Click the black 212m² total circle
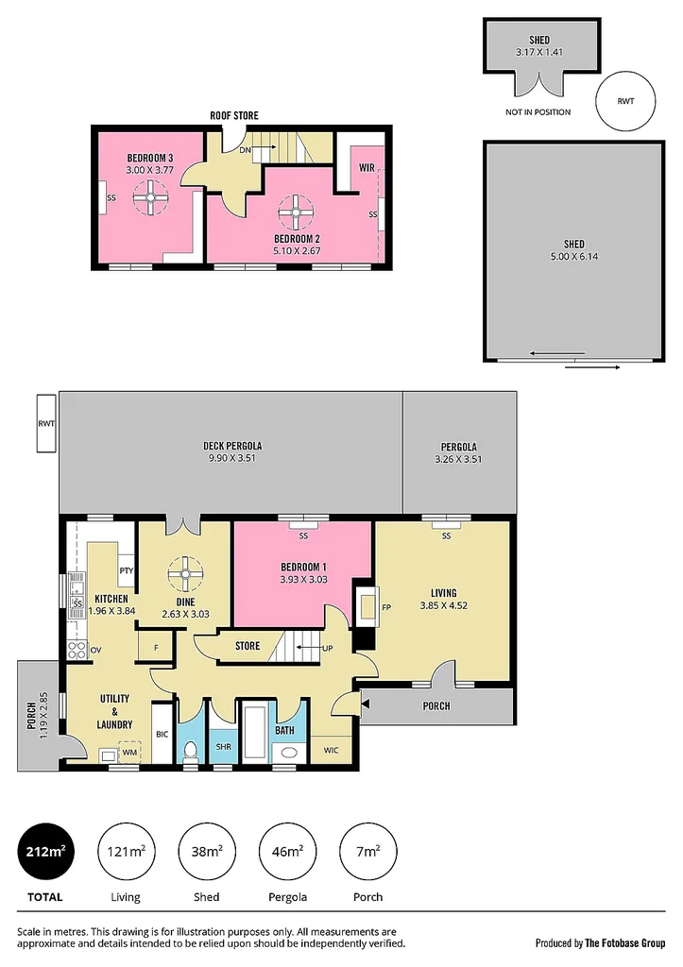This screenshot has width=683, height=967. [x=45, y=852]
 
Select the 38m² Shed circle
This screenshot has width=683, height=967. [x=207, y=852]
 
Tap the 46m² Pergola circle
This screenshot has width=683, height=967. [x=288, y=852]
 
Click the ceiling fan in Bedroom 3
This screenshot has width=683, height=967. [x=147, y=199]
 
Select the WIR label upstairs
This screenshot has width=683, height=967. [x=367, y=167]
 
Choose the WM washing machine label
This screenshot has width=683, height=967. [x=128, y=753]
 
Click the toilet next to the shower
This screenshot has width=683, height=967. [x=190, y=750]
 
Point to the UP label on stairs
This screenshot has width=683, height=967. [x=327, y=648]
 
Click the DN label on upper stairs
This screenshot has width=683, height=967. [x=246, y=149]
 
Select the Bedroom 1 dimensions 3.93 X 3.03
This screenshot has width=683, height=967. [x=303, y=580]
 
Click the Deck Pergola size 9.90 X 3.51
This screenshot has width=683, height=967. [x=231, y=460]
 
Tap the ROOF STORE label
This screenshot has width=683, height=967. [x=234, y=115]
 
